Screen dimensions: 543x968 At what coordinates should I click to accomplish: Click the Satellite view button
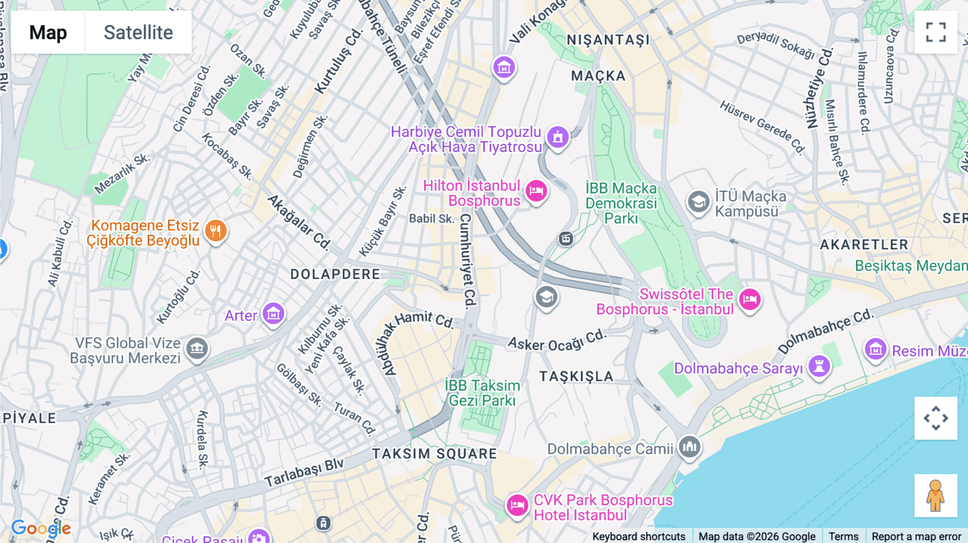tap(138, 32)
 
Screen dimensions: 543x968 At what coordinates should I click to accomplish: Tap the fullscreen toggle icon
tap(936, 32)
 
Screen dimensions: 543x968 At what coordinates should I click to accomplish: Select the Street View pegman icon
tap(936, 495)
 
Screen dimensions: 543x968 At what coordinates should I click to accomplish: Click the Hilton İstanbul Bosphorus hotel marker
tap(536, 191)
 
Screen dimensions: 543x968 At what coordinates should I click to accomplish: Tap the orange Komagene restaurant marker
tap(216, 231)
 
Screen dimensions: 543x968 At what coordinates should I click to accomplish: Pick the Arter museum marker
tap(273, 313)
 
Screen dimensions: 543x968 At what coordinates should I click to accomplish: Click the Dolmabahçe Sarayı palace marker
tap(819, 366)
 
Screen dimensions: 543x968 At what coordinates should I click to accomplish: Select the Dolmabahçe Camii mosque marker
tap(689, 446)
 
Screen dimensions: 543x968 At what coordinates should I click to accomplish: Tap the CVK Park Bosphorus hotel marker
tap(517, 505)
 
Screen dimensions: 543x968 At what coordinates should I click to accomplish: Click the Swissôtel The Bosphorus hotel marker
tap(750, 299)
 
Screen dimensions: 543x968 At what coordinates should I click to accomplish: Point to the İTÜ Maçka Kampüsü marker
tap(699, 202)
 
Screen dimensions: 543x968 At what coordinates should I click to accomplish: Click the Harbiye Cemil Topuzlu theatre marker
tap(558, 137)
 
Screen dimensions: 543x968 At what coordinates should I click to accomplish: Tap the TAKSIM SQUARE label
tap(435, 454)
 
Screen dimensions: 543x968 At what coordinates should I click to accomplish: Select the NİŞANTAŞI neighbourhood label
tap(608, 40)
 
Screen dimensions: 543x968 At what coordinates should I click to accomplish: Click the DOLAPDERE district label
tap(335, 274)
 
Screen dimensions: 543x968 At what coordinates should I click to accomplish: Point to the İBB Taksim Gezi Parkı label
tap(482, 393)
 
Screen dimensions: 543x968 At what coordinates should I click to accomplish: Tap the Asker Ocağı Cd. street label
tap(557, 341)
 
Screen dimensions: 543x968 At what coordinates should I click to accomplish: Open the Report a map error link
tap(916, 536)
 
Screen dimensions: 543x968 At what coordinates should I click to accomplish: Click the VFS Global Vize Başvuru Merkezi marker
tap(197, 348)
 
